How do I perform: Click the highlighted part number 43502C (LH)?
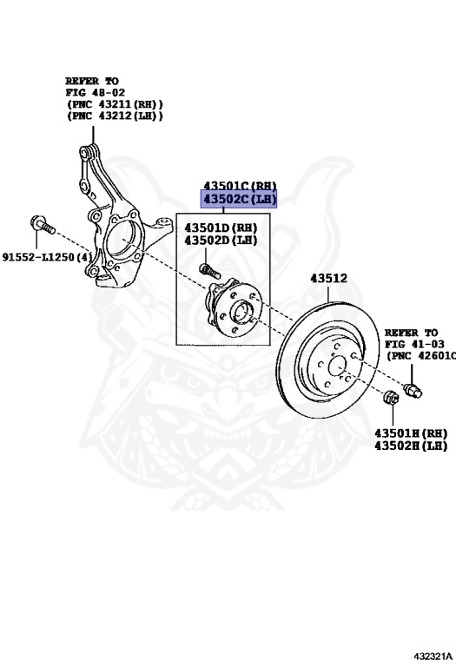pos(239,200)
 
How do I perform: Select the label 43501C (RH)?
pos(239,185)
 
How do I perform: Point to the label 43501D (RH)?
pos(219,228)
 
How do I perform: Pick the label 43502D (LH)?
pos(219,240)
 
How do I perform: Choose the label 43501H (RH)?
pos(410,433)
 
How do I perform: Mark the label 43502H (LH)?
pos(410,446)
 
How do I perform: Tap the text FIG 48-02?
pos(94,90)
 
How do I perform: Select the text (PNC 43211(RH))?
pos(114,102)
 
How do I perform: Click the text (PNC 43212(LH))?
pos(114,116)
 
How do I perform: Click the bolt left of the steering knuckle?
pos(41,224)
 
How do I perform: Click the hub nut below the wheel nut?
pos(391,399)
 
